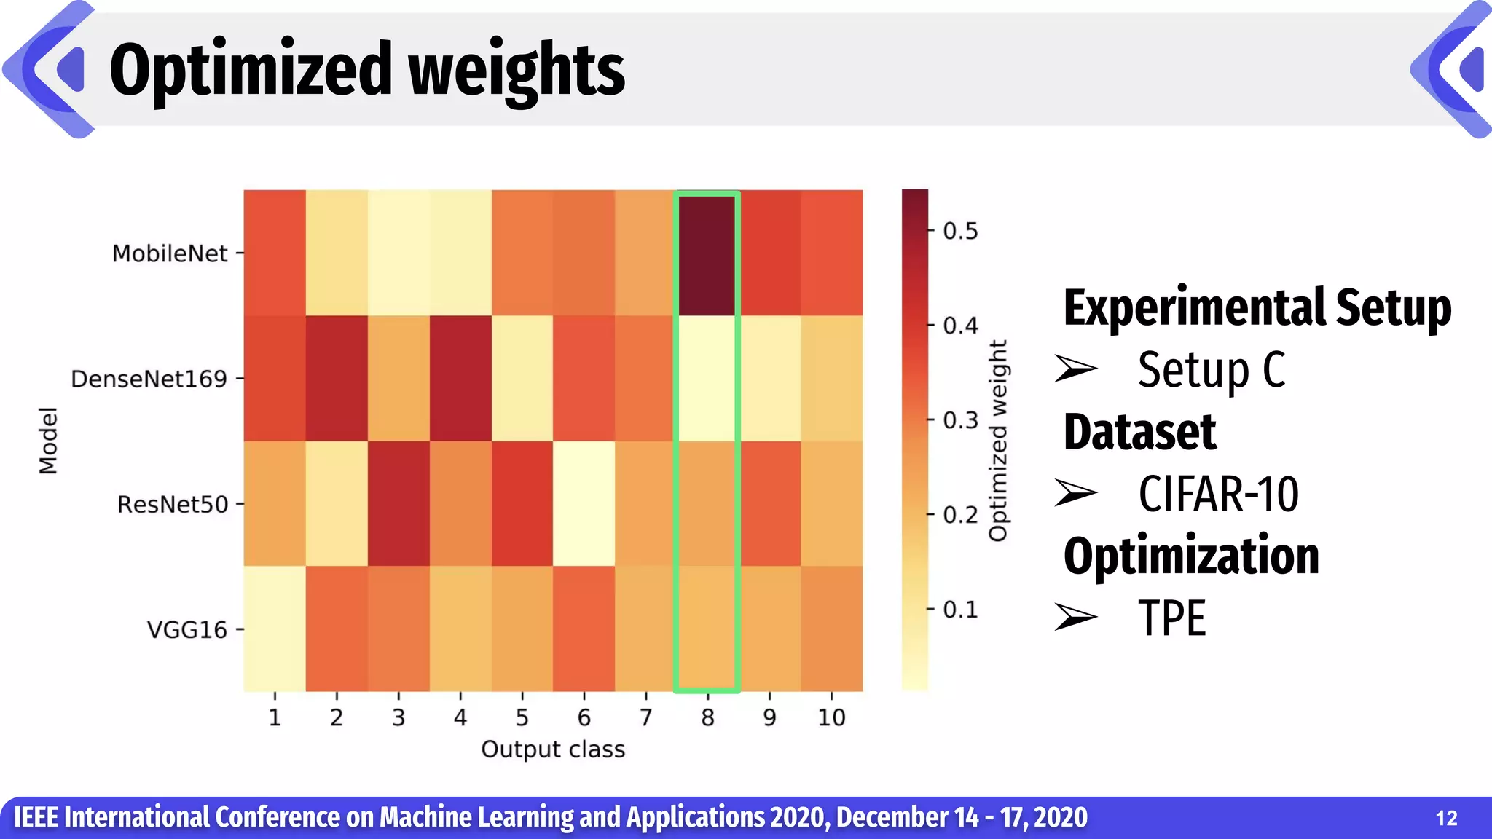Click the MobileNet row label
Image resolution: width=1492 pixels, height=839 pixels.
[x=170, y=253]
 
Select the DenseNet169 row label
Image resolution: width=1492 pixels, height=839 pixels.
[x=149, y=379]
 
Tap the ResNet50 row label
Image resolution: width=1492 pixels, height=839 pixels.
[x=173, y=504]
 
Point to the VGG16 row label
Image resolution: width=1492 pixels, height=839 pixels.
[x=187, y=629]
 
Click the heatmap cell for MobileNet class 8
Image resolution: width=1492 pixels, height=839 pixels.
[x=707, y=253]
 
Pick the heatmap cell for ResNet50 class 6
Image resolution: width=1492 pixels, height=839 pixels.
[x=584, y=504]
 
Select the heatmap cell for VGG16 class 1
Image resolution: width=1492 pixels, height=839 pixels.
[x=275, y=629]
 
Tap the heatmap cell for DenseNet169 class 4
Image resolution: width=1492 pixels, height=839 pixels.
[x=460, y=379]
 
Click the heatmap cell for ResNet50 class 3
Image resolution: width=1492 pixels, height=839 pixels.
[x=398, y=504]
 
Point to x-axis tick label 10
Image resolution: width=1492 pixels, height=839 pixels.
[x=831, y=718]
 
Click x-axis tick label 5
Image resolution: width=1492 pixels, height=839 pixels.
[x=522, y=718]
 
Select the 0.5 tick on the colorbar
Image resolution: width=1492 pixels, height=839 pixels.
[x=960, y=231]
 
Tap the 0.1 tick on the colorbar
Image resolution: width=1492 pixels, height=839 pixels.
[x=960, y=610]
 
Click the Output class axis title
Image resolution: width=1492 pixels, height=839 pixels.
[x=553, y=749]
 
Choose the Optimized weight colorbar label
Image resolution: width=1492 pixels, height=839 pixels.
[x=998, y=441]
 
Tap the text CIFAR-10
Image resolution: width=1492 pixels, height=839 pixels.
[x=1218, y=495]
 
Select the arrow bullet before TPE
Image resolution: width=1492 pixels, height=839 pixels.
[x=1076, y=617]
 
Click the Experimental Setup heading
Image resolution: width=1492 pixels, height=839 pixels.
[x=1257, y=308]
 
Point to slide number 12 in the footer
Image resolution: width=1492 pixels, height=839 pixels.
[x=1446, y=819]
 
